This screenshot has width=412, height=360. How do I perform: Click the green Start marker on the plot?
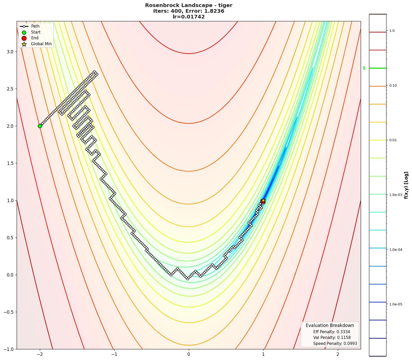coord(40,126)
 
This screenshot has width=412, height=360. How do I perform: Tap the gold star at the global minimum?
coord(263,200)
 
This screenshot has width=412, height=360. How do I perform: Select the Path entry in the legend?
coord(35,26)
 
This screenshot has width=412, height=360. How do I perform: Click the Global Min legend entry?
coord(41,44)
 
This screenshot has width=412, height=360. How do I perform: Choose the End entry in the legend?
coord(35,38)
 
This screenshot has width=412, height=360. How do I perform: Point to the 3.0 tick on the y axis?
coord(10,52)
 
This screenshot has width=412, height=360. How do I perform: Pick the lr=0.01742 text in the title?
coord(189,17)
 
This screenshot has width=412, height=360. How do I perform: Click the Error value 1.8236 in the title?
coord(215,11)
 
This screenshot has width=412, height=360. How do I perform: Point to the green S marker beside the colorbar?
coord(364,68)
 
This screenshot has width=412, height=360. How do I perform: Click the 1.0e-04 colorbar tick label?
coord(396,250)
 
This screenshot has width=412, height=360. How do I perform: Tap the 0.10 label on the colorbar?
coord(393,86)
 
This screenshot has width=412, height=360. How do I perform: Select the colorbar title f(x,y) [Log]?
coord(406,185)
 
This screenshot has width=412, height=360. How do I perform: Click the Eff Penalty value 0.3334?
coord(343,332)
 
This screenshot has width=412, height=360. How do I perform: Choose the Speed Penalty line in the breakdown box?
coord(335,344)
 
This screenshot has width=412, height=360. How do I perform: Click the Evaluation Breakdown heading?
coord(330,325)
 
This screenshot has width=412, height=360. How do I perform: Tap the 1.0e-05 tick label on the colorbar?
coord(396,304)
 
